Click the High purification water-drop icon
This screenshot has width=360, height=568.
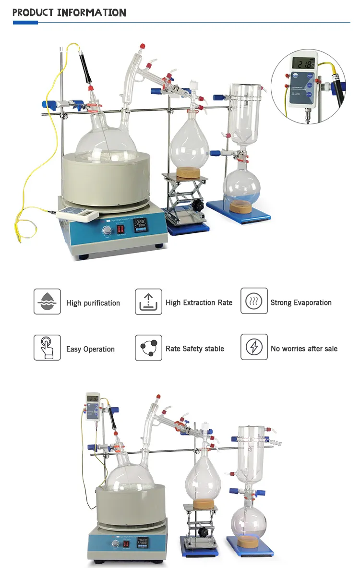pyautogui.click(x=47, y=302)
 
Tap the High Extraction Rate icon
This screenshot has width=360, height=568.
pyautogui.click(x=148, y=302)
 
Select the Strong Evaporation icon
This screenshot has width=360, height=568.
pyautogui.click(x=254, y=302)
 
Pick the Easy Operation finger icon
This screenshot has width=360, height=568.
pyautogui.click(x=47, y=348)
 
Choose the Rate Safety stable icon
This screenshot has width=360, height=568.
pyautogui.click(x=148, y=348)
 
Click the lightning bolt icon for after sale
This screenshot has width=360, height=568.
pyautogui.click(x=254, y=348)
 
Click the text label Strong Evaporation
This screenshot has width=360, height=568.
pyautogui.click(x=301, y=302)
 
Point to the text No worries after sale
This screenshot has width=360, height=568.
pyautogui.click(x=304, y=349)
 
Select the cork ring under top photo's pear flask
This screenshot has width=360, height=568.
pyautogui.click(x=189, y=172)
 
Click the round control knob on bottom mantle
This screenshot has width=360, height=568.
pyautogui.click(x=116, y=544)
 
